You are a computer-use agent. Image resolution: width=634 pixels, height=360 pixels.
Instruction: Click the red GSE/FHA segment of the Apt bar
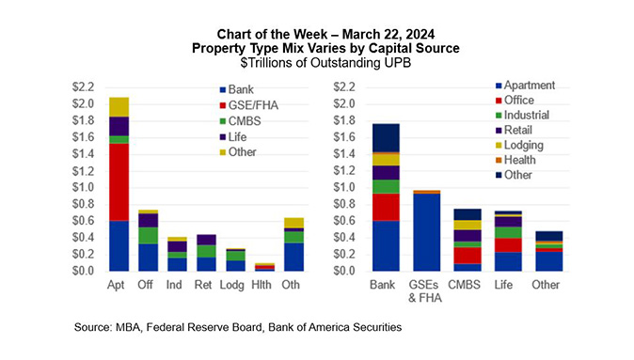click(x=119, y=168)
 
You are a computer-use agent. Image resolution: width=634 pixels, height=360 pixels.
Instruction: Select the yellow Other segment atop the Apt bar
click(x=119, y=106)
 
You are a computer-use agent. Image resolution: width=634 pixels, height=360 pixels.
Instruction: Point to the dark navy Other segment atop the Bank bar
click(x=385, y=137)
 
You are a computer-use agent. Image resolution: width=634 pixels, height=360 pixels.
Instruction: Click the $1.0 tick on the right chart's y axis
click(x=345, y=188)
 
